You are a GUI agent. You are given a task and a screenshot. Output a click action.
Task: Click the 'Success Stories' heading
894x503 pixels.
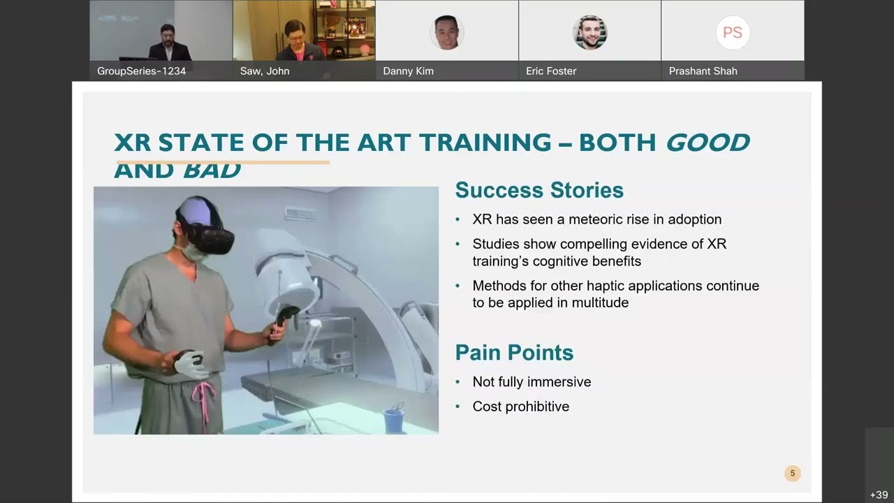(539, 190)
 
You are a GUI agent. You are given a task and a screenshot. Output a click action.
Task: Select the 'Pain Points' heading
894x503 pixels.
(514, 352)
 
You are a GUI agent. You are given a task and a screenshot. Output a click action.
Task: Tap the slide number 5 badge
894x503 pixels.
(792, 473)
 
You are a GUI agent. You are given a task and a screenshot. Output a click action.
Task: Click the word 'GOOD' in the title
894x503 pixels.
(707, 143)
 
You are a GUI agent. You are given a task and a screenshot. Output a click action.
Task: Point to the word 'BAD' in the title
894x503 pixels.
(212, 170)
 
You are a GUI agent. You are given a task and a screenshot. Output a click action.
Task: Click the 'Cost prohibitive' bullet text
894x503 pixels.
(520, 406)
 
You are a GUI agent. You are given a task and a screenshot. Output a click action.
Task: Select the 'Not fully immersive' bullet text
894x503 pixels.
(532, 381)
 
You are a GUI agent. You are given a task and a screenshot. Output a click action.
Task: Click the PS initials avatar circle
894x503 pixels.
(732, 32)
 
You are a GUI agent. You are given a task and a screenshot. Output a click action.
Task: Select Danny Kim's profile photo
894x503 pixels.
(446, 32)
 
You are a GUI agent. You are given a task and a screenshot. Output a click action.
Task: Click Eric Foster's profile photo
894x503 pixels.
(589, 32)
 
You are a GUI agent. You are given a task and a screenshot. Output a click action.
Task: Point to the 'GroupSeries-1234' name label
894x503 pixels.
(141, 71)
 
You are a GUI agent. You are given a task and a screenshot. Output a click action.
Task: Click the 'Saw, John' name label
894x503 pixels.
(265, 71)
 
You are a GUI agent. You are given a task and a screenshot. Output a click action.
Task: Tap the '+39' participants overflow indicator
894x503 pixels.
(879, 495)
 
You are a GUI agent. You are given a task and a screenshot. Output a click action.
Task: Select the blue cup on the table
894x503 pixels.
(393, 420)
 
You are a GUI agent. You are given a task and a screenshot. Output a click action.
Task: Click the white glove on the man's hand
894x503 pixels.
(190, 364)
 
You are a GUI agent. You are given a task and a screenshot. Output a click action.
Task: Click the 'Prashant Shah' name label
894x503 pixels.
(703, 71)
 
